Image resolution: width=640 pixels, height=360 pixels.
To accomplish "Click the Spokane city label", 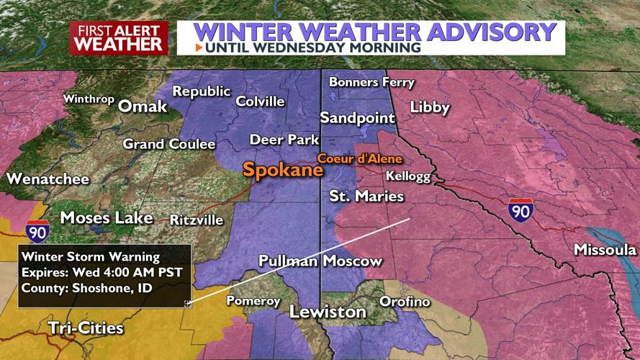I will (x=283, y=171).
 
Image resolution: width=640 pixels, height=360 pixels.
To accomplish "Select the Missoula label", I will (x=605, y=250).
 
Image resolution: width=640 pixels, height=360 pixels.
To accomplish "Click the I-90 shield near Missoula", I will (x=520, y=210).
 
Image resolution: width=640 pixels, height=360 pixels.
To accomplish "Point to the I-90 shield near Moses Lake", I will (x=37, y=231).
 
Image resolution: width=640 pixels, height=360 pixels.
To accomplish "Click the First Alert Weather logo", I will (x=119, y=37).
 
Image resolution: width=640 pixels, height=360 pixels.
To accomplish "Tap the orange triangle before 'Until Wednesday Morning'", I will (x=199, y=48).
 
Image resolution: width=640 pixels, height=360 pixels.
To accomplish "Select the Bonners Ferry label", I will (x=371, y=82).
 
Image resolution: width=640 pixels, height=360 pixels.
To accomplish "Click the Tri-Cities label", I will (x=86, y=328).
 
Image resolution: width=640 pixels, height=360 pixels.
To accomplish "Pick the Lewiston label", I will (x=328, y=312).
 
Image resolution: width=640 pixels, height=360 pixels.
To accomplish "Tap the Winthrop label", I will (x=89, y=99).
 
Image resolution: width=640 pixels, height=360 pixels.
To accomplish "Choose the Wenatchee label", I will (x=48, y=179).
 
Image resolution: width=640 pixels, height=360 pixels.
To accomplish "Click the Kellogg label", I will (x=408, y=176).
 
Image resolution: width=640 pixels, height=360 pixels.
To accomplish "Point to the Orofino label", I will (x=405, y=301).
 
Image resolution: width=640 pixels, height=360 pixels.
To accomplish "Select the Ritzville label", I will (x=197, y=220).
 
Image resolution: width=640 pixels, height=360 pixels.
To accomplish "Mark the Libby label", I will (x=430, y=108).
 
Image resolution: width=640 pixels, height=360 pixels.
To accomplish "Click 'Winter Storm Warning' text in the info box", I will (x=91, y=256).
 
